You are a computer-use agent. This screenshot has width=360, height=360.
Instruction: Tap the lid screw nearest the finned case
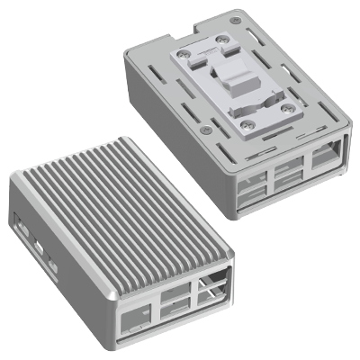(206, 130)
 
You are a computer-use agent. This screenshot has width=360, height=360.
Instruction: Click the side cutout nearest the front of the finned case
(53, 266)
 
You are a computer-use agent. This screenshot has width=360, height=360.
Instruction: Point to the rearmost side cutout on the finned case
(21, 219)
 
